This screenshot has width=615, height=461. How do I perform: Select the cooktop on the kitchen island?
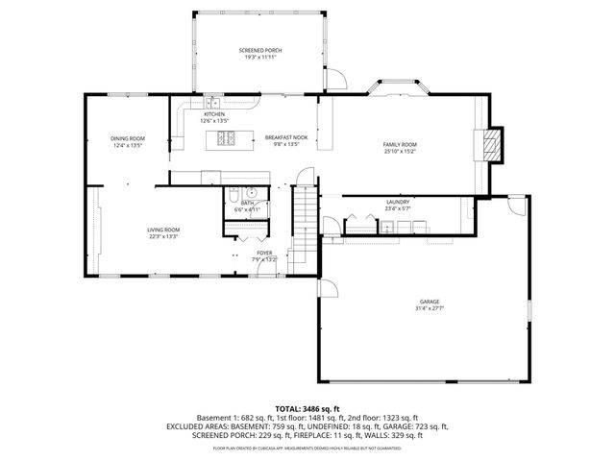click(228, 139)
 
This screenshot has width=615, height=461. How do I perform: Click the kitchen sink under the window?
click(213, 101)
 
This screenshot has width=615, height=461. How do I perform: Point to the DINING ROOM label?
click(128, 139)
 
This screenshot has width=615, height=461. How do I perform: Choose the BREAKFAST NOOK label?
click(286, 137)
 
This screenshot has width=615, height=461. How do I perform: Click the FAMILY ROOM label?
click(400, 143)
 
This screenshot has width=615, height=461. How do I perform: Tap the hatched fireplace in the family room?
click(491, 145)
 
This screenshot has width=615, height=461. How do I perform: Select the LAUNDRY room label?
click(398, 202)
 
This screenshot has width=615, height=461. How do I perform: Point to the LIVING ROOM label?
click(163, 230)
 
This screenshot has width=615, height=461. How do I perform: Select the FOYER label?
click(263, 253)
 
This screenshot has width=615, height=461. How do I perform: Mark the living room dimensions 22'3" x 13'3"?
click(163, 236)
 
